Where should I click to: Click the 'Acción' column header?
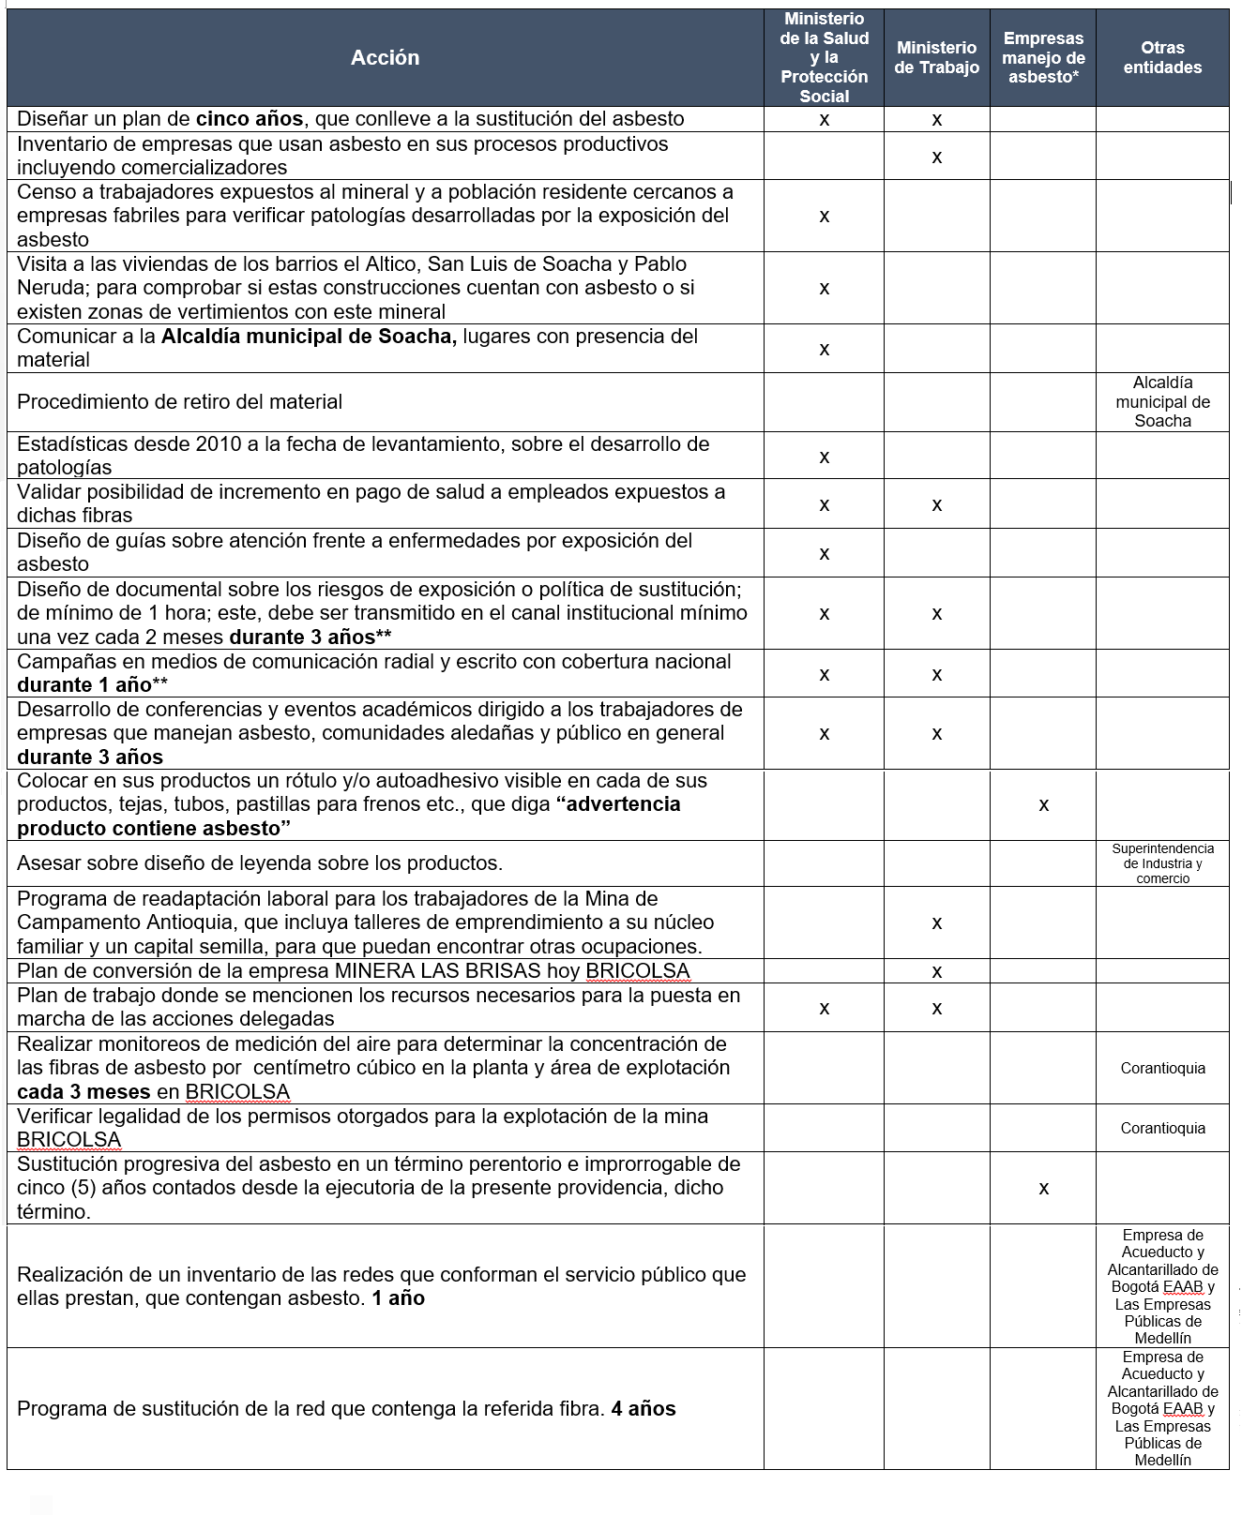[385, 58]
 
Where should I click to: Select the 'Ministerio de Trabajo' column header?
[936, 58]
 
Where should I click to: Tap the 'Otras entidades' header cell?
[1162, 58]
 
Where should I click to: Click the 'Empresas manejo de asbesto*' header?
[1043, 58]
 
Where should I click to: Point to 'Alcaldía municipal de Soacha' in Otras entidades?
[1162, 402]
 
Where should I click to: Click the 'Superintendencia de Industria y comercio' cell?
[1162, 863]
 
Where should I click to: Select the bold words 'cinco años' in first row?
[250, 119]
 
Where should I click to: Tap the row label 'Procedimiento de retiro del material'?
[179, 402]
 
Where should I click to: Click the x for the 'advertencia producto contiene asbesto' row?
[1043, 805]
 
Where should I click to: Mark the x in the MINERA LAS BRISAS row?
[936, 972]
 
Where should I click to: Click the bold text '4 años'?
[643, 1408]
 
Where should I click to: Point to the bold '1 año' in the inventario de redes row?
[398, 1298]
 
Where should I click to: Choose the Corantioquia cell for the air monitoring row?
[1162, 1069]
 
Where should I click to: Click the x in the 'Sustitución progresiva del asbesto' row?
[1043, 1189]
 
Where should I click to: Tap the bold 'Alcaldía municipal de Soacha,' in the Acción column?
[309, 337]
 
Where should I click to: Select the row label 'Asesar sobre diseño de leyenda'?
[260, 863]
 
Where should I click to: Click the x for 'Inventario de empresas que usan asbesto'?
[936, 157]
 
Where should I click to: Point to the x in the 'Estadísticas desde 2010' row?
[824, 457]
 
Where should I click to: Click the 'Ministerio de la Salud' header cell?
[824, 58]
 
